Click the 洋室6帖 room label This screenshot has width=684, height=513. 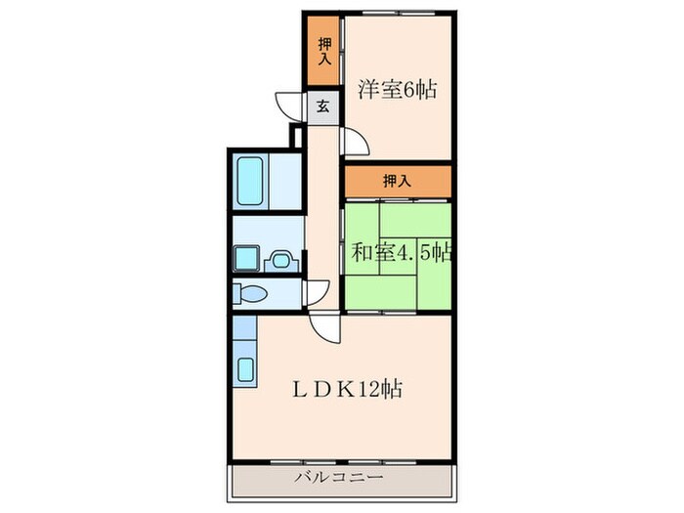click(x=396, y=90)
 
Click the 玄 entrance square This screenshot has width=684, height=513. click(x=321, y=107)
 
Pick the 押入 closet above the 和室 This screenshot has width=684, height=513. click(x=396, y=180)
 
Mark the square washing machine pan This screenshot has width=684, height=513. click(x=245, y=259)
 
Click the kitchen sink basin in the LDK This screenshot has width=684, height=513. click(x=246, y=369)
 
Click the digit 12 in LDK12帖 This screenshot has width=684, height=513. click(x=375, y=387)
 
